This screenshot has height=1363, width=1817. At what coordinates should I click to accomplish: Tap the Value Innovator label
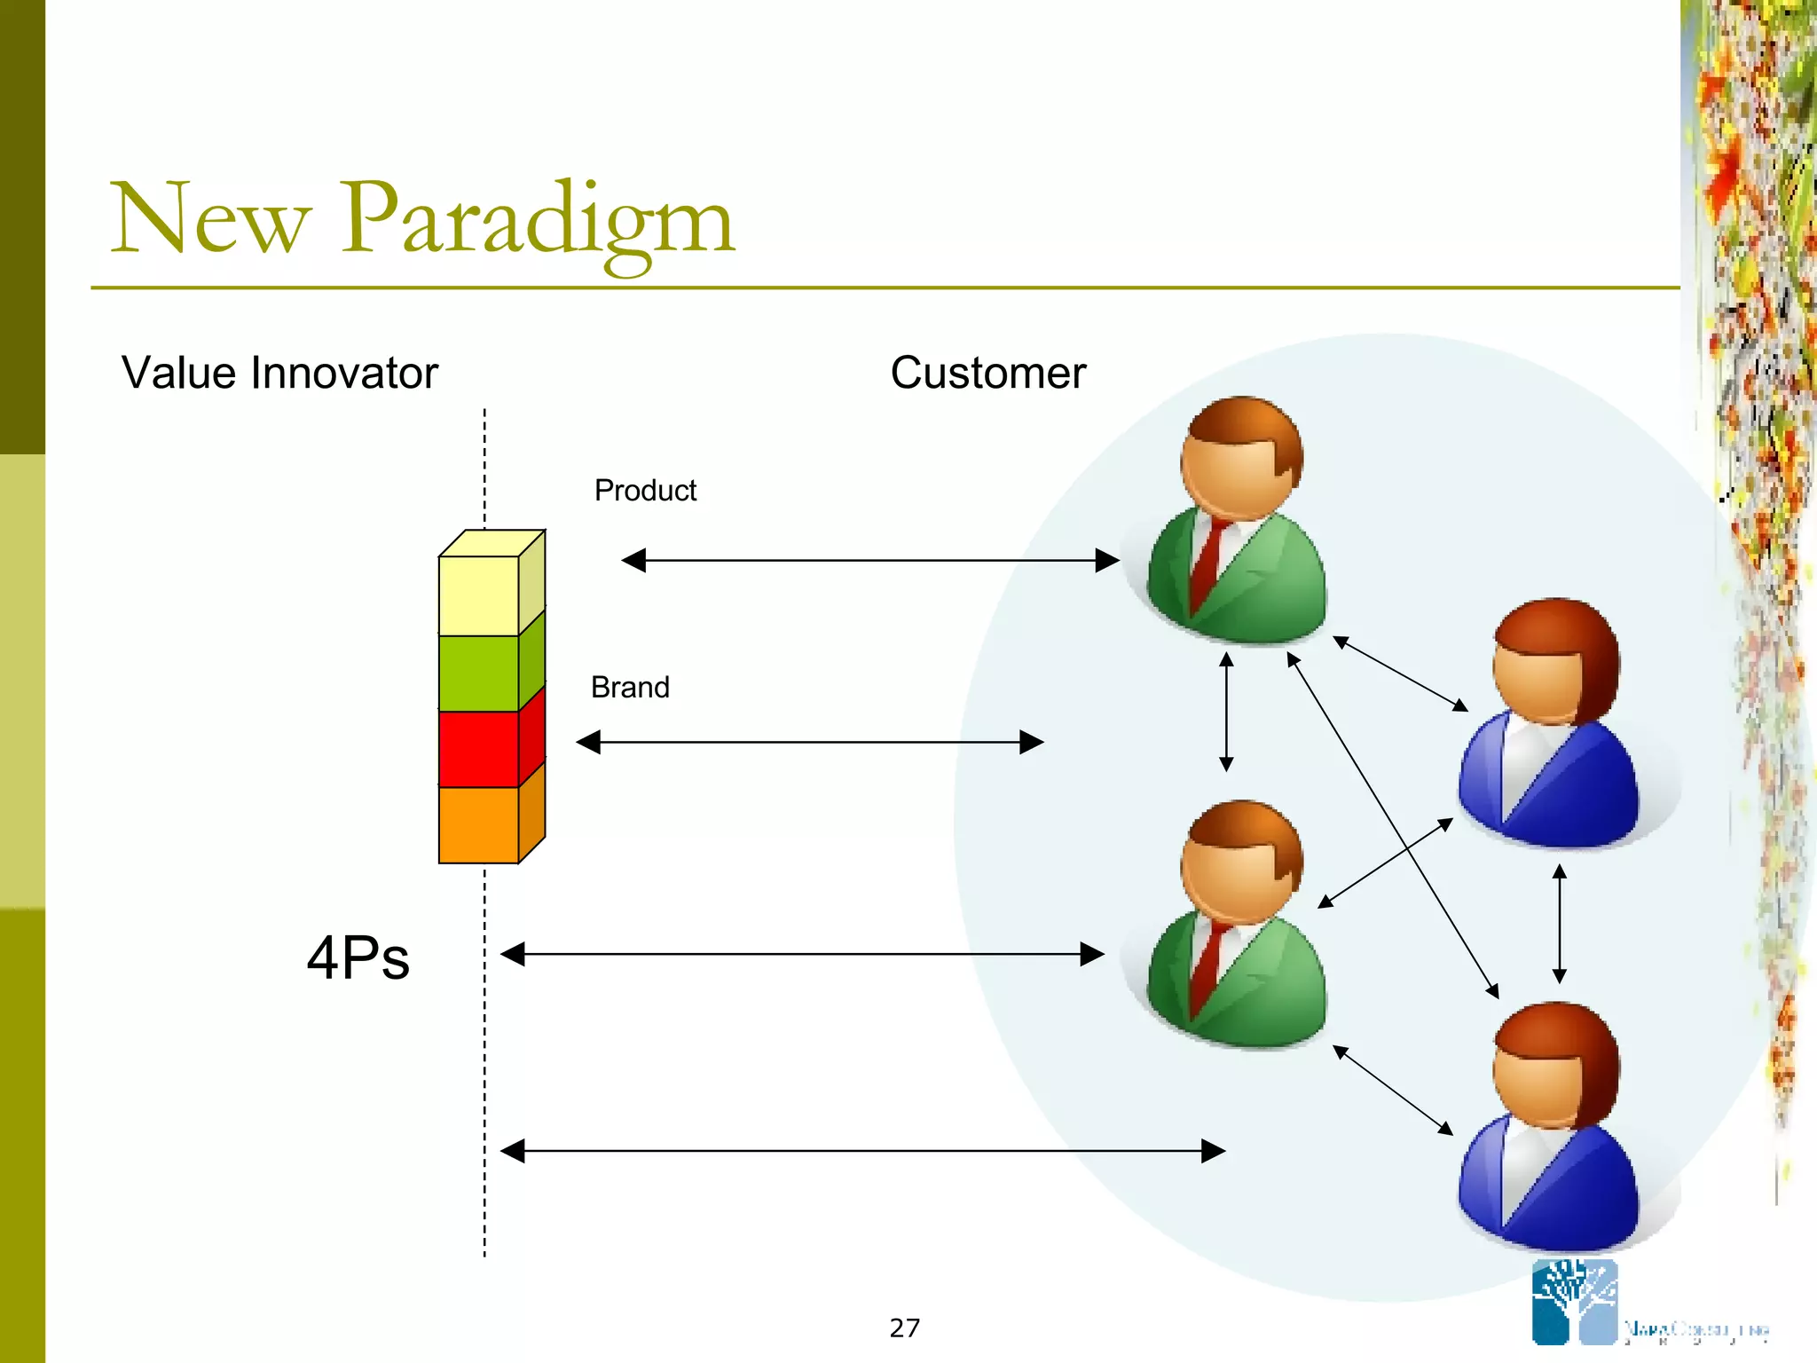(279, 374)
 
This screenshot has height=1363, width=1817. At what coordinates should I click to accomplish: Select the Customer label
(987, 374)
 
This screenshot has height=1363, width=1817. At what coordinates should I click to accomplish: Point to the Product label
(645, 491)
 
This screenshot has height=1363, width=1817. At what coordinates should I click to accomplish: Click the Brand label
(630, 688)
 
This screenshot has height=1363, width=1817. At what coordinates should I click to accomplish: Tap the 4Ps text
(358, 958)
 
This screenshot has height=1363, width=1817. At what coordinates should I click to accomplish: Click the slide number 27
(904, 1328)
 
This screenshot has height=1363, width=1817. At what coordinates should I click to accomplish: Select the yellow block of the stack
(479, 595)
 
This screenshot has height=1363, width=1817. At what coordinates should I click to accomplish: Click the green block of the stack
(479, 673)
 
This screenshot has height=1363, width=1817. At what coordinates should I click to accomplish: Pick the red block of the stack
(479, 749)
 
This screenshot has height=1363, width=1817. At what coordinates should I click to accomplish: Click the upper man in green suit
(1238, 524)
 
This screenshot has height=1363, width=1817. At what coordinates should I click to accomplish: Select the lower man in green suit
(1238, 927)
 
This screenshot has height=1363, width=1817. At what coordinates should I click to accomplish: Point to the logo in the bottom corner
(1575, 1303)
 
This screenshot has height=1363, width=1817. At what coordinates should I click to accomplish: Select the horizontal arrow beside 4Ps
(802, 955)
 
